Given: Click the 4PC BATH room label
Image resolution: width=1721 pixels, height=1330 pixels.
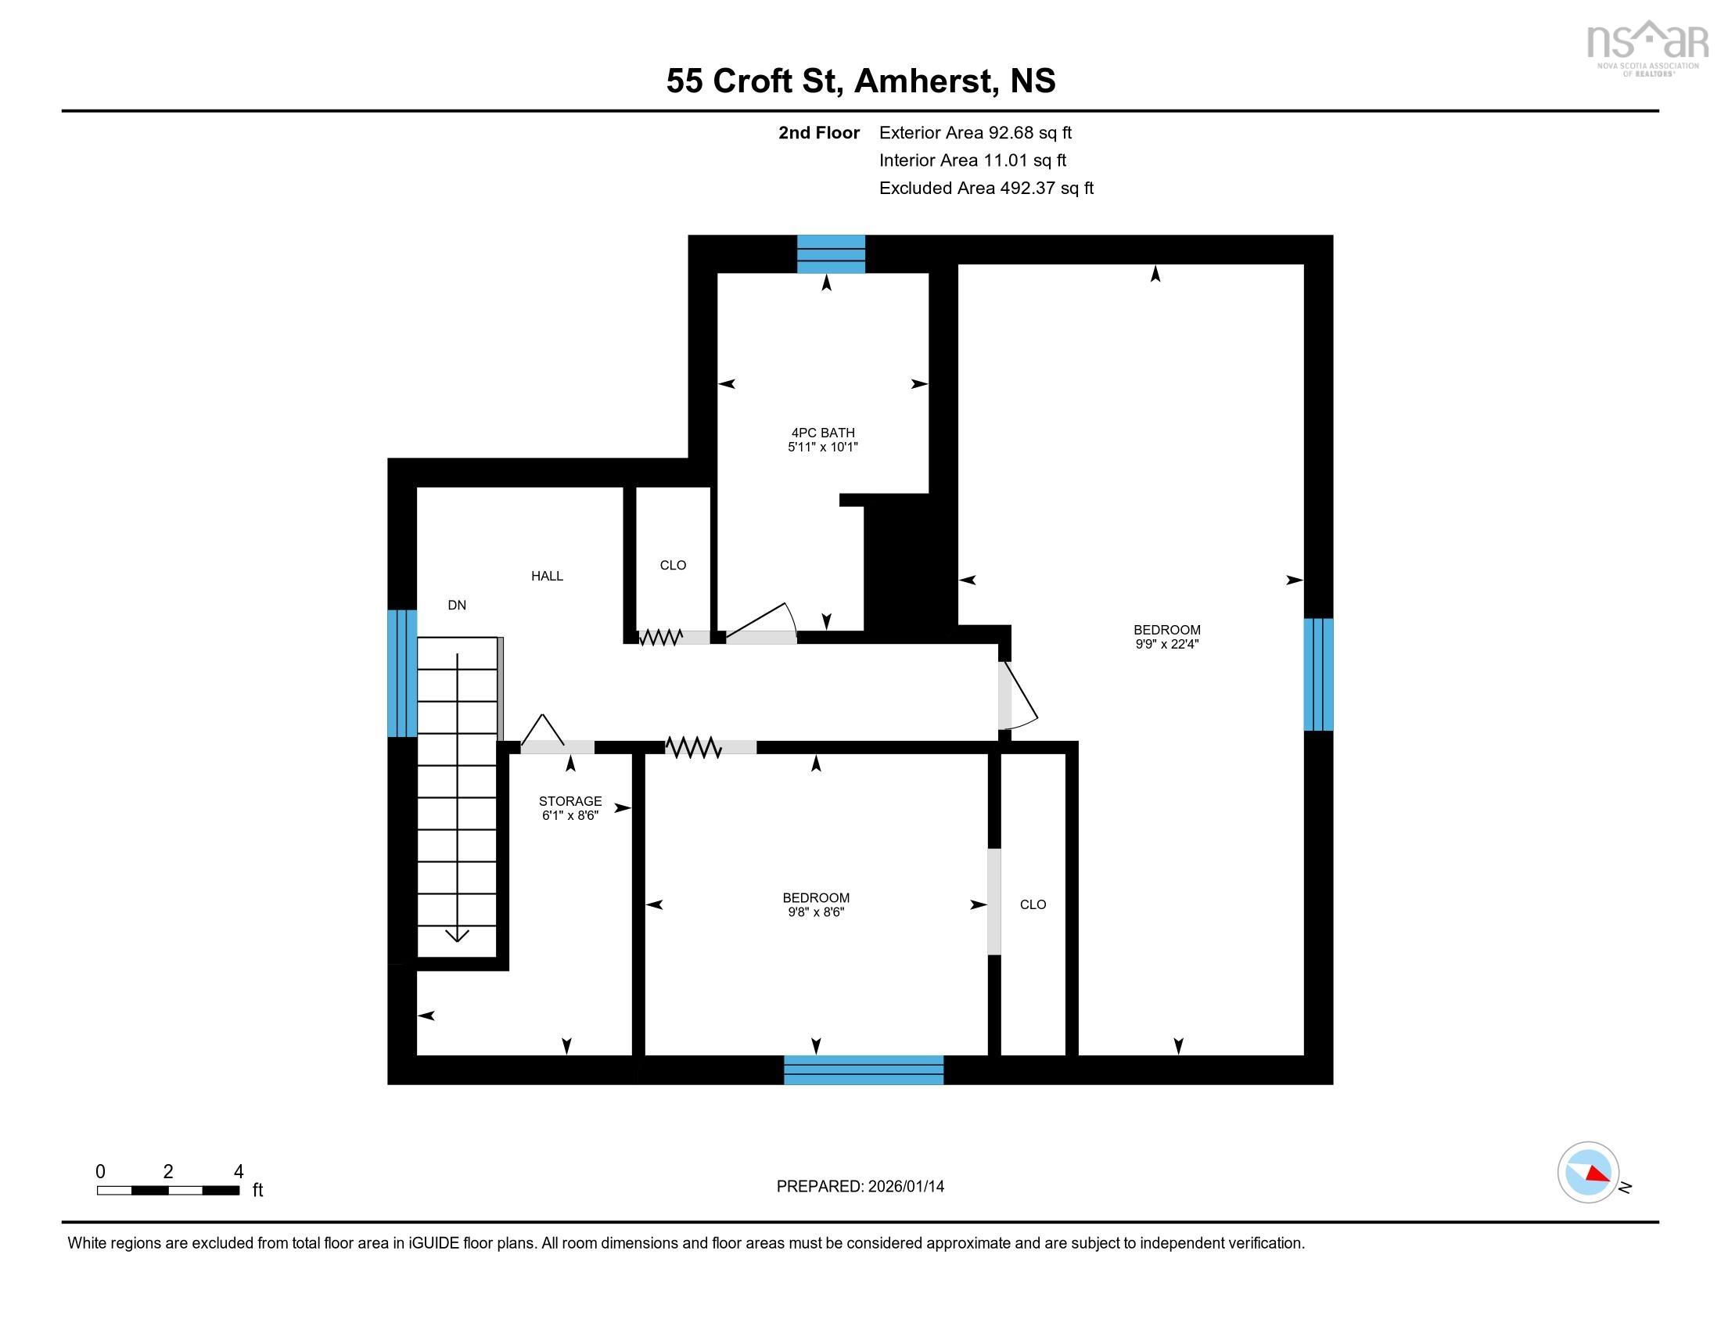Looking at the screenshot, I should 823,432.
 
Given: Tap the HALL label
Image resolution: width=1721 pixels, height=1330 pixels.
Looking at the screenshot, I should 547,576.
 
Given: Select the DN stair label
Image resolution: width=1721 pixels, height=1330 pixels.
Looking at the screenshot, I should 457,605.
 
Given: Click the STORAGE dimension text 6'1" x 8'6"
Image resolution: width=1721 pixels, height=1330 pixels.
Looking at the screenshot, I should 569,815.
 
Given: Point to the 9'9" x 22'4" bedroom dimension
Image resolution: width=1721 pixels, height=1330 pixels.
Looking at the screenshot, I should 1166,644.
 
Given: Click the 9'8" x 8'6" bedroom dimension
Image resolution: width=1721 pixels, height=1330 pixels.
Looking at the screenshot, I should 816,912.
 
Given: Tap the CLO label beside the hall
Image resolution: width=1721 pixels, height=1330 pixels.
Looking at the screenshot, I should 673,565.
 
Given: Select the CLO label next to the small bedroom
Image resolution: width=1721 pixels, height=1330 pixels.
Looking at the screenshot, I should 1033,904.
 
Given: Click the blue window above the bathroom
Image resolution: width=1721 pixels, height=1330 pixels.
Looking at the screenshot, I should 831,253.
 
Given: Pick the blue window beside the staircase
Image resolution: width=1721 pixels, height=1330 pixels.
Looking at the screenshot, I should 402,673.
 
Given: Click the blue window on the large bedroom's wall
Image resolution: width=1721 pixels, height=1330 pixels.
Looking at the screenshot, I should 1317,674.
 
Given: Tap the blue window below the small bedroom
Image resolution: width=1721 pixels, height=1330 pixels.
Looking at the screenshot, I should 863,1069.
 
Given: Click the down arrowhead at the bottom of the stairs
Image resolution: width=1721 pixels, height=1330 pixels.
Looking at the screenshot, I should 457,935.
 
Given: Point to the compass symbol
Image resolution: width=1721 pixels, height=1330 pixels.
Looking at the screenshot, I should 1588,1173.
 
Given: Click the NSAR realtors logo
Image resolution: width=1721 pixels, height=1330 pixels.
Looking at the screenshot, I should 1646,47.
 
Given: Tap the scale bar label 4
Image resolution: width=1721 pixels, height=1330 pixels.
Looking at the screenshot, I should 238,1171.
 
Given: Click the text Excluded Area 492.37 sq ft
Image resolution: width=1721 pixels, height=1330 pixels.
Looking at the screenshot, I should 986,188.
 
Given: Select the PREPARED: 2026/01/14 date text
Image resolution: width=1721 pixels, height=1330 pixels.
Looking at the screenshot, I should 860,1186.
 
